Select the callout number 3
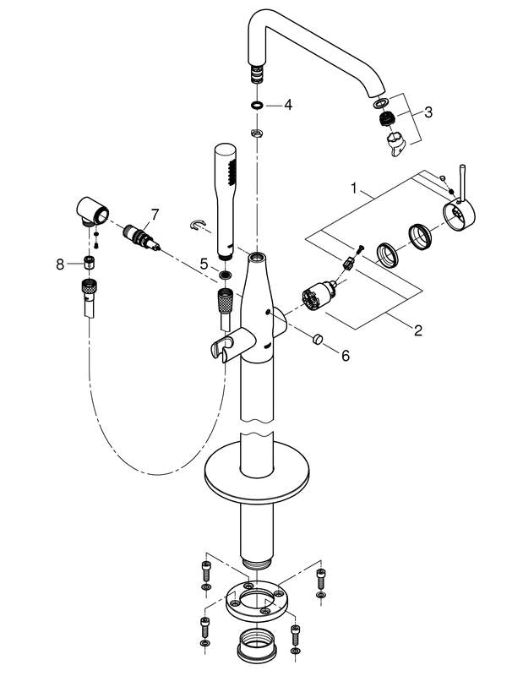click(x=429, y=112)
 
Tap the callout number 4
click(x=288, y=105)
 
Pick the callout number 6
click(x=345, y=357)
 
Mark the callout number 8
click(x=60, y=264)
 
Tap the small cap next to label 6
click(x=319, y=341)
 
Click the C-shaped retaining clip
click(x=198, y=224)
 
